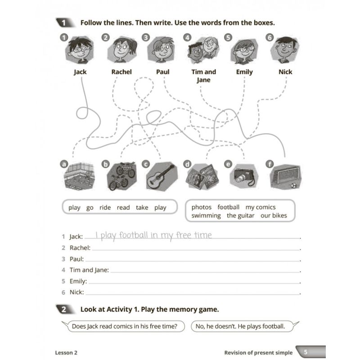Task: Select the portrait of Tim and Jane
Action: [x=203, y=50]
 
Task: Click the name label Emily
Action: [x=244, y=72]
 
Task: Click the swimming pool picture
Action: [x=79, y=176]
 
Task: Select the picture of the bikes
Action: [x=121, y=176]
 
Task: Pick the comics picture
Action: [x=202, y=176]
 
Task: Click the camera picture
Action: [x=243, y=177]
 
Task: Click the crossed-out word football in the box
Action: [x=228, y=207]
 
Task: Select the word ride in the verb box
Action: [x=105, y=207]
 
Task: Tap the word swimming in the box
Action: [x=206, y=216]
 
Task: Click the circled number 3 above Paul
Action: [x=146, y=38]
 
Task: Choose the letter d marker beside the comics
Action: [x=187, y=164]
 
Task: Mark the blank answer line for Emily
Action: [x=193, y=282]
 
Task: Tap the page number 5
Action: [x=306, y=352]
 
